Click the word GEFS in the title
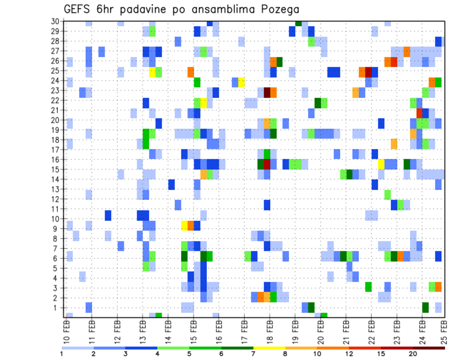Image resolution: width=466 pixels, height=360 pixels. click(79, 9)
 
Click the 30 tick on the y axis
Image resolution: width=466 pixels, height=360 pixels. click(55, 21)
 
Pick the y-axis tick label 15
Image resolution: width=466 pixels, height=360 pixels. click(55, 169)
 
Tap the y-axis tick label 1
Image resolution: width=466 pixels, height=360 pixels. click(57, 308)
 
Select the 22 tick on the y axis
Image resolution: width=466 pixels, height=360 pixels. click(55, 100)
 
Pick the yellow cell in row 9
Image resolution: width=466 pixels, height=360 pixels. click(184, 226)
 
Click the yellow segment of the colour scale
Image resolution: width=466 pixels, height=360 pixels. click(269, 348)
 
